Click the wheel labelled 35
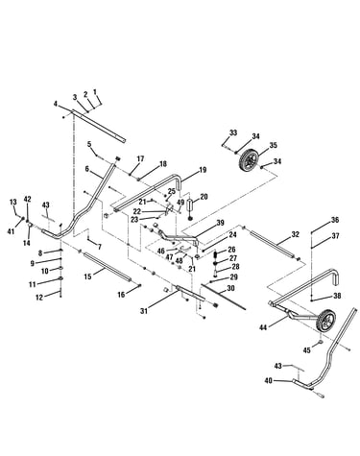pyautogui.click(x=250, y=159)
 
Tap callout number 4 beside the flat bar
pyautogui.click(x=56, y=104)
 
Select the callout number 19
pyautogui.click(x=203, y=170)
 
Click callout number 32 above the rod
pyautogui.click(x=295, y=234)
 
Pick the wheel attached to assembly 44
pyautogui.click(x=327, y=322)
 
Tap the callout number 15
pyautogui.click(x=87, y=276)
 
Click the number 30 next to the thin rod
pyautogui.click(x=230, y=288)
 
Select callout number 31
pyautogui.click(x=144, y=310)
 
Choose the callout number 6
pyautogui.click(x=87, y=168)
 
